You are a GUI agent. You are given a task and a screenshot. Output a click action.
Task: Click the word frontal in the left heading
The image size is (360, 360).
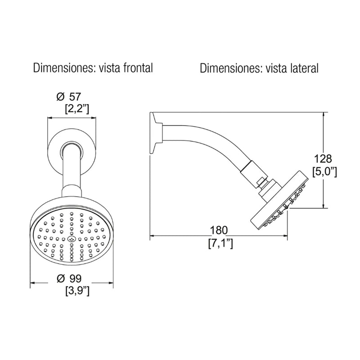(138, 68)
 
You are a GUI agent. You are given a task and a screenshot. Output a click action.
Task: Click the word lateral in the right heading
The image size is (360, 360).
(304, 68)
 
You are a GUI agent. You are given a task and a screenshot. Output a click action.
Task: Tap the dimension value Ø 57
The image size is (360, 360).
(69, 97)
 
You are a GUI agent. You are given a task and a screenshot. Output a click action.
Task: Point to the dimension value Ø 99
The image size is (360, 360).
(69, 279)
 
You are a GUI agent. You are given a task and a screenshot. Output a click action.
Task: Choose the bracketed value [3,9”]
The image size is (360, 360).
(77, 291)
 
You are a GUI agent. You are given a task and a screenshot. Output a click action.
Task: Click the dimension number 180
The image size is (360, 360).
(219, 230)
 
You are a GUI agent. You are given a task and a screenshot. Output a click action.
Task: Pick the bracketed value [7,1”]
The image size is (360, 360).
(220, 243)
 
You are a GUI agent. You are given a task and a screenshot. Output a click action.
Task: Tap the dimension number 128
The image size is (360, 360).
(323, 159)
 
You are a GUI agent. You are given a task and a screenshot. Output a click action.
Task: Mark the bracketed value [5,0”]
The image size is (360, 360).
(324, 172)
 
